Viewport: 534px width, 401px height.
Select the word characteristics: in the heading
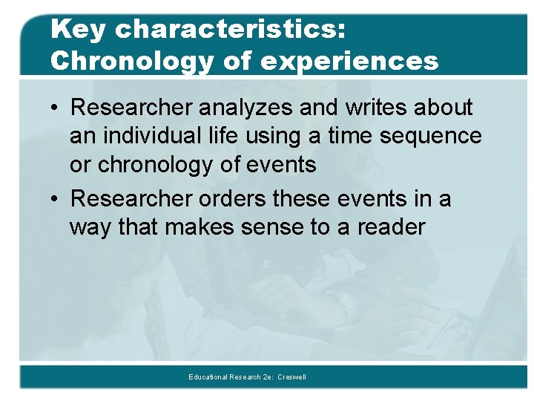tap(230, 30)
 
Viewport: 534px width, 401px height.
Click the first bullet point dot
tap(56, 108)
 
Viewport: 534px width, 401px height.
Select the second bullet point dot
tap(56, 200)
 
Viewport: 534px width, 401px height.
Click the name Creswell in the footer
tap(291, 377)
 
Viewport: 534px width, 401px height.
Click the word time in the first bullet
tap(355, 136)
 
